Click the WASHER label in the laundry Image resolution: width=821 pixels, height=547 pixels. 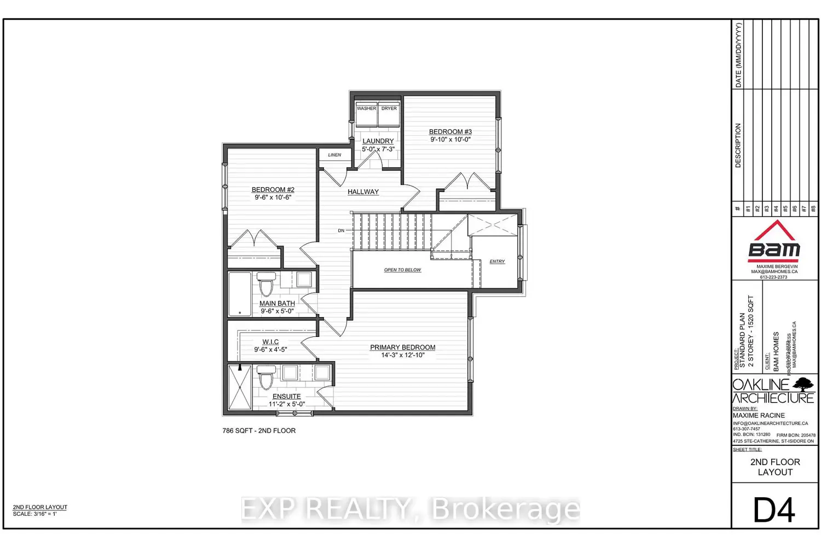tap(366, 108)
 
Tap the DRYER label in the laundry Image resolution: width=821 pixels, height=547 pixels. tap(389, 108)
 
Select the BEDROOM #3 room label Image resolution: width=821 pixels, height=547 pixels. tap(450, 132)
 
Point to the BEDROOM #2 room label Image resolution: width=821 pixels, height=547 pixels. tap(273, 190)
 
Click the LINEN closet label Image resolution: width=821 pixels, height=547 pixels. tap(334, 155)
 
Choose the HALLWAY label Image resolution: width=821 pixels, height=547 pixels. tap(363, 192)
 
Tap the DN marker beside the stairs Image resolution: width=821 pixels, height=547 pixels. tap(341, 231)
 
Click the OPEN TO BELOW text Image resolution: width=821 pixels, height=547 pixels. tap(402, 270)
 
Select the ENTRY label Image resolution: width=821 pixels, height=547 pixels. tap(497, 261)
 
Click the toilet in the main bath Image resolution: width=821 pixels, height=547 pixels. tap(267, 283)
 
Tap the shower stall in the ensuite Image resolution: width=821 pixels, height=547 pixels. tap(240, 387)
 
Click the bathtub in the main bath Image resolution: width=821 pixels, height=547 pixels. tap(239, 294)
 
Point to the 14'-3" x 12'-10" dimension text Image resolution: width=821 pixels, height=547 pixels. tap(403, 355)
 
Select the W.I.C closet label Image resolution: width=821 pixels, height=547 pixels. tap(270, 342)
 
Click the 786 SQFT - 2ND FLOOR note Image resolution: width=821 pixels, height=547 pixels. tap(259, 430)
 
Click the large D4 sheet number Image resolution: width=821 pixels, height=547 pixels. tap(774, 510)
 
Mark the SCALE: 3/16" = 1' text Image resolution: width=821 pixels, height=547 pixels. tap(34, 514)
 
